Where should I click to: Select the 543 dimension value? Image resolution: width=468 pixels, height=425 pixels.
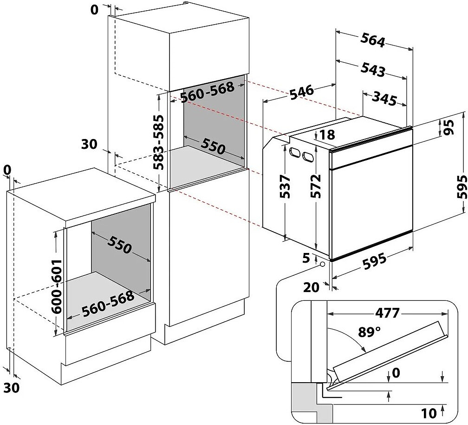coord(373,69)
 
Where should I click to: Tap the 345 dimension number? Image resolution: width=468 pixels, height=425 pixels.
coord(384,99)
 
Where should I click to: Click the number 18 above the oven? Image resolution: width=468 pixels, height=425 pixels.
coord(327,135)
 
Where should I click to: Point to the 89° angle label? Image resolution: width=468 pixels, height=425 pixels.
coord(370,332)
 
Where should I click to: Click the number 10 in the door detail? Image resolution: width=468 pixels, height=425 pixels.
coord(429,412)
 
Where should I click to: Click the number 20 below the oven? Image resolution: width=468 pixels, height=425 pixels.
coord(312,287)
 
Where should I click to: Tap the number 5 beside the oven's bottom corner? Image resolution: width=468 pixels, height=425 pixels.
coord(306,257)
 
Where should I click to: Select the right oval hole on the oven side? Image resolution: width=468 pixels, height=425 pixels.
coord(307,157)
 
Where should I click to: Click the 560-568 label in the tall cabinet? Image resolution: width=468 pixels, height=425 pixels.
coord(207,93)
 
